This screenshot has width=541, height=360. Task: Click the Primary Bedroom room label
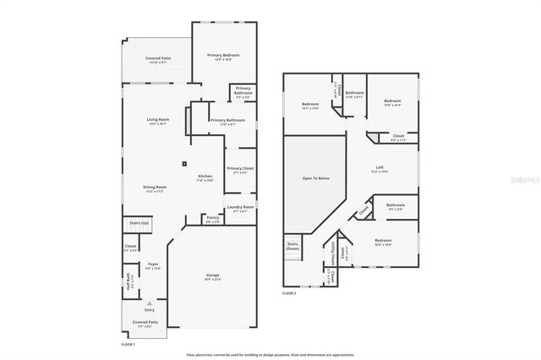pos(224,55)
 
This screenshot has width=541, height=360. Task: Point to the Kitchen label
pos(205,176)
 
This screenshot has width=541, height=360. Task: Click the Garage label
pos(212,275)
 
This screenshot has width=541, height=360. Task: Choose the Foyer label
pos(153,265)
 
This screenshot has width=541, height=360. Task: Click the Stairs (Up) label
pos(139,223)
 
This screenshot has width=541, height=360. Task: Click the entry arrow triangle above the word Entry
pos(150,303)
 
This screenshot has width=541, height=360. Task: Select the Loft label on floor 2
pos(380,167)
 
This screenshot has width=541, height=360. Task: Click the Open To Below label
pos(314,179)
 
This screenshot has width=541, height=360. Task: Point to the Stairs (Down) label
pos(292,246)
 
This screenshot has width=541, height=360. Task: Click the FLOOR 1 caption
pos(128,343)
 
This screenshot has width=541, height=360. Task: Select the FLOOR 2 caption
pos(290,293)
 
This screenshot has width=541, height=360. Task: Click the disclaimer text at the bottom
pos(270,354)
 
